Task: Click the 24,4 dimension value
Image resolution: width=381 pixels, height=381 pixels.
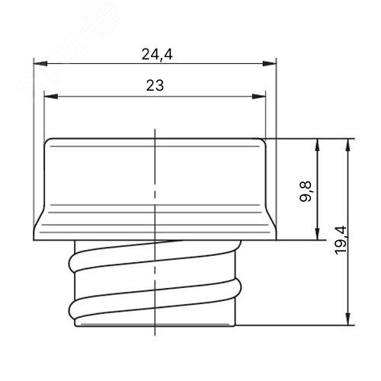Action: tap(157, 54)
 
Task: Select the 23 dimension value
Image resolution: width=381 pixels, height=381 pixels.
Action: tap(155, 85)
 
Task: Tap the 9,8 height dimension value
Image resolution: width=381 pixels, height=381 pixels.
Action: tap(306, 191)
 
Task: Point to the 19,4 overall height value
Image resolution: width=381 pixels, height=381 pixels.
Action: tap(341, 240)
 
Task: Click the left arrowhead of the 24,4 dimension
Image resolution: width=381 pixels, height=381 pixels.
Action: tap(40, 63)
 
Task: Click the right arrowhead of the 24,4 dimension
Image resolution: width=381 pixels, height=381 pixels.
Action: tap(269, 63)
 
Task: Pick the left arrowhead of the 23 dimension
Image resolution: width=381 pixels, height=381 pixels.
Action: tap(51, 96)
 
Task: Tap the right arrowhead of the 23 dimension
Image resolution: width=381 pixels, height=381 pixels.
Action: tap(259, 96)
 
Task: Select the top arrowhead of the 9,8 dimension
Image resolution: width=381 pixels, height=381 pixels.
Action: tap(317, 146)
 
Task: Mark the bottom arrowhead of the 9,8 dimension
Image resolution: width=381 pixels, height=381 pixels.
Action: tap(317, 232)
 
